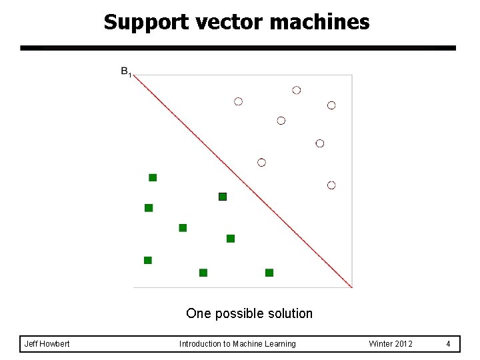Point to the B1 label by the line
pyautogui.click(x=126, y=71)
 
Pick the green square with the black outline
pyautogui.click(x=223, y=197)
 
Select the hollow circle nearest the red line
pyautogui.click(x=261, y=163)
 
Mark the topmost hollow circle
pyautogui.click(x=297, y=90)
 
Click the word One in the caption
pyautogui.click(x=197, y=313)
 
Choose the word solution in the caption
pyautogui.click(x=287, y=313)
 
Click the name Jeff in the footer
pyautogui.click(x=31, y=344)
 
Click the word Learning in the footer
pyautogui.click(x=281, y=344)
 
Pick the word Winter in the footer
pyautogui.click(x=381, y=344)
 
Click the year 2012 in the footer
pyautogui.click(x=403, y=344)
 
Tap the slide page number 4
pyautogui.click(x=449, y=344)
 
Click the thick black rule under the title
pyautogui.click(x=238, y=48)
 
